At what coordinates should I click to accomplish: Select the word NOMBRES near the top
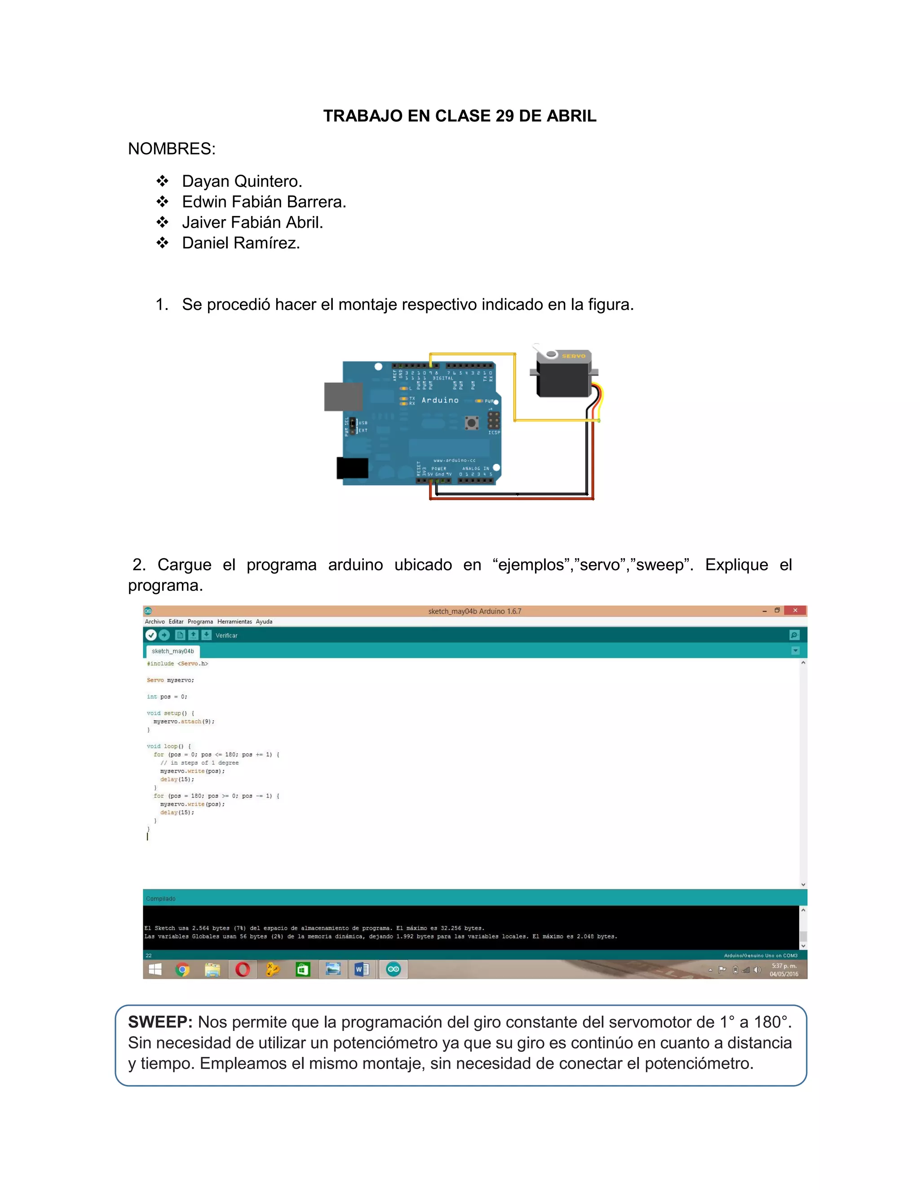pyautogui.click(x=172, y=149)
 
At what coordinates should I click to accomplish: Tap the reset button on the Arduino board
pyautogui.click(x=471, y=422)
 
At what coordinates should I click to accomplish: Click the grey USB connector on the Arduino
pyautogui.click(x=343, y=396)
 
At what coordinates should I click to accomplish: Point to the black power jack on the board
pyautogui.click(x=352, y=468)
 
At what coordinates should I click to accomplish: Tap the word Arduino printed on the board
pyautogui.click(x=440, y=401)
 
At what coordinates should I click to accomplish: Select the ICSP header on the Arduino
pyautogui.click(x=494, y=421)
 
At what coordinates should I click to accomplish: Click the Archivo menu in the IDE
pyautogui.click(x=155, y=621)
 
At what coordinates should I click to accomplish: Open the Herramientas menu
pyautogui.click(x=234, y=621)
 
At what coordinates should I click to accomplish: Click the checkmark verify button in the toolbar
pyautogui.click(x=151, y=635)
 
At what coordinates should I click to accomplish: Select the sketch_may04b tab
pyautogui.click(x=173, y=651)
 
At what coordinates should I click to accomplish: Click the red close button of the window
pyautogui.click(x=795, y=611)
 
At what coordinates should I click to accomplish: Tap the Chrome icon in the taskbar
pyautogui.click(x=182, y=970)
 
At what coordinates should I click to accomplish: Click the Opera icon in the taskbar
pyautogui.click(x=243, y=970)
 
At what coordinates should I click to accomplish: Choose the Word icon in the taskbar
pyautogui.click(x=362, y=970)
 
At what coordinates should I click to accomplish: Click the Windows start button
pyautogui.click(x=155, y=970)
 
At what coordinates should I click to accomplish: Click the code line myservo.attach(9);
pyautogui.click(x=184, y=722)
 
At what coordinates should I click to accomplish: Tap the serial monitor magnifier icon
pyautogui.click(x=794, y=635)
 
